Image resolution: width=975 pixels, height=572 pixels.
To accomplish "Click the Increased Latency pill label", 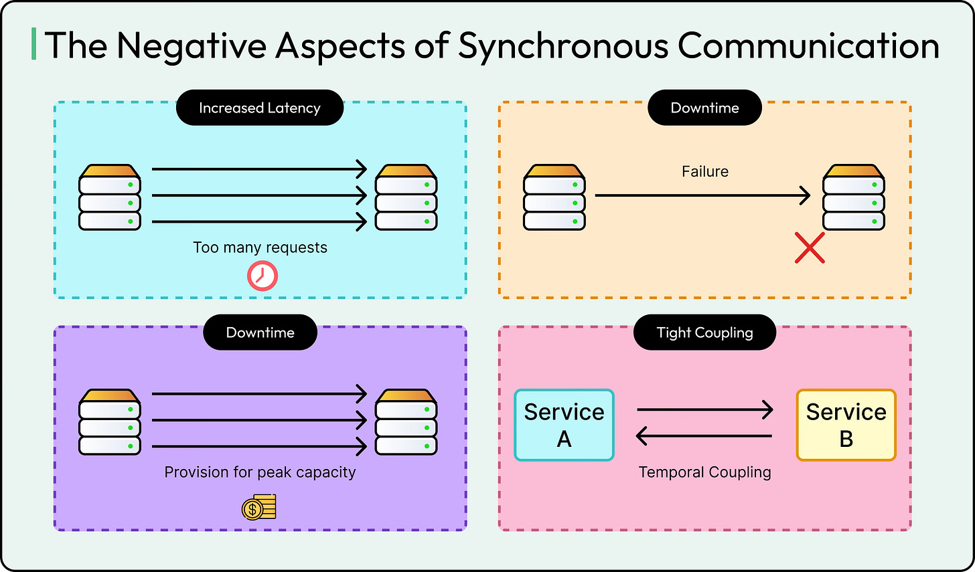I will [x=260, y=108].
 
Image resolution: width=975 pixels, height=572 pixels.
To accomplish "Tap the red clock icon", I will [x=262, y=276].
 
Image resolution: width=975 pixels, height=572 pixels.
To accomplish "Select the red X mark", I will [x=810, y=248].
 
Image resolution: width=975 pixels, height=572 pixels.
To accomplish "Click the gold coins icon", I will [x=259, y=507].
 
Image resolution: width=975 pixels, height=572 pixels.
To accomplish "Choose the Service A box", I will [x=564, y=425].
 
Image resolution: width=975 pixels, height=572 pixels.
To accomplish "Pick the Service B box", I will [x=846, y=425].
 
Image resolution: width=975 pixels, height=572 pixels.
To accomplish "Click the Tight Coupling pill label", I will [x=704, y=332].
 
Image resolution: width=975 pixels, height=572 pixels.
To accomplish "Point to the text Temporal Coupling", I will [x=704, y=472].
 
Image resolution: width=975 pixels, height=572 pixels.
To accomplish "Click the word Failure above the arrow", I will [x=704, y=172].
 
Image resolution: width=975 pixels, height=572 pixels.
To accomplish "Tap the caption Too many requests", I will [x=260, y=248].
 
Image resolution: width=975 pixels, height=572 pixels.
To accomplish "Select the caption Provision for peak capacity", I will [x=260, y=472].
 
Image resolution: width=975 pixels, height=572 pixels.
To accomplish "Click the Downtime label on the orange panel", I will [x=704, y=108].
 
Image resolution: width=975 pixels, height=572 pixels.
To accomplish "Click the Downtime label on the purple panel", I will [x=260, y=332].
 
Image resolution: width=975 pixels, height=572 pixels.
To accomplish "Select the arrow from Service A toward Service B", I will [x=704, y=409].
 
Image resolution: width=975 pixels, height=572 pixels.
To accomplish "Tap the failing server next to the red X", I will [x=853, y=198].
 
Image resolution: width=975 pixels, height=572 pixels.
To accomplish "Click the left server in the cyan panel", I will [x=110, y=198].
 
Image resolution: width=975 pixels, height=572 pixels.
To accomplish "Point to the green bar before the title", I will [x=33, y=44].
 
